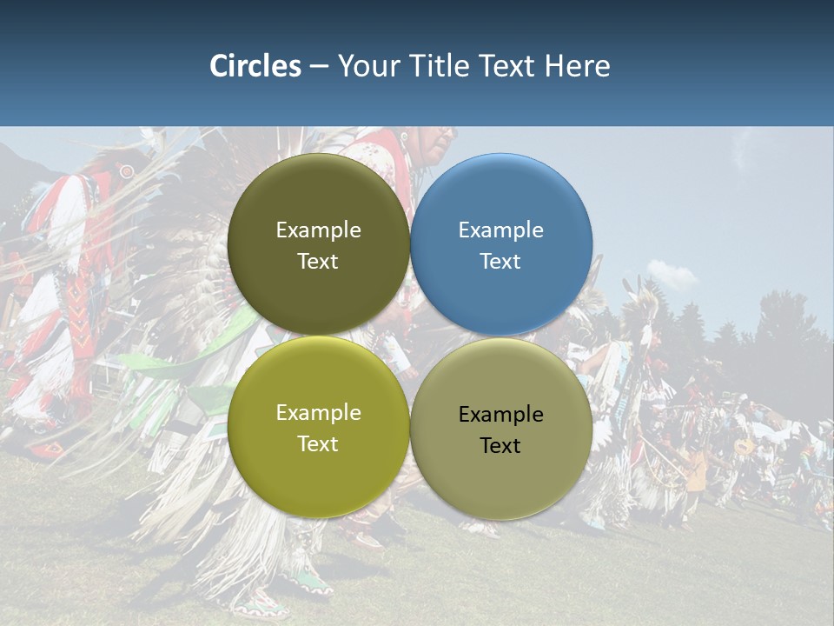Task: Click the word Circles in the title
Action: [255, 66]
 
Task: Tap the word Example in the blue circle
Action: [501, 230]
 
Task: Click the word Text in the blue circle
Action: [501, 262]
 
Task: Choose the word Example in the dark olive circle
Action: [319, 230]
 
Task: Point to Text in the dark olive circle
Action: [319, 262]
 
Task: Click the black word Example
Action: [501, 415]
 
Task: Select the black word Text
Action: [501, 446]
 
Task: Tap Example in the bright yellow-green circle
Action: [319, 413]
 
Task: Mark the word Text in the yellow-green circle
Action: [319, 444]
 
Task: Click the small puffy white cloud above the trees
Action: [671, 274]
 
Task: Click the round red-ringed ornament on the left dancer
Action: [127, 171]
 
